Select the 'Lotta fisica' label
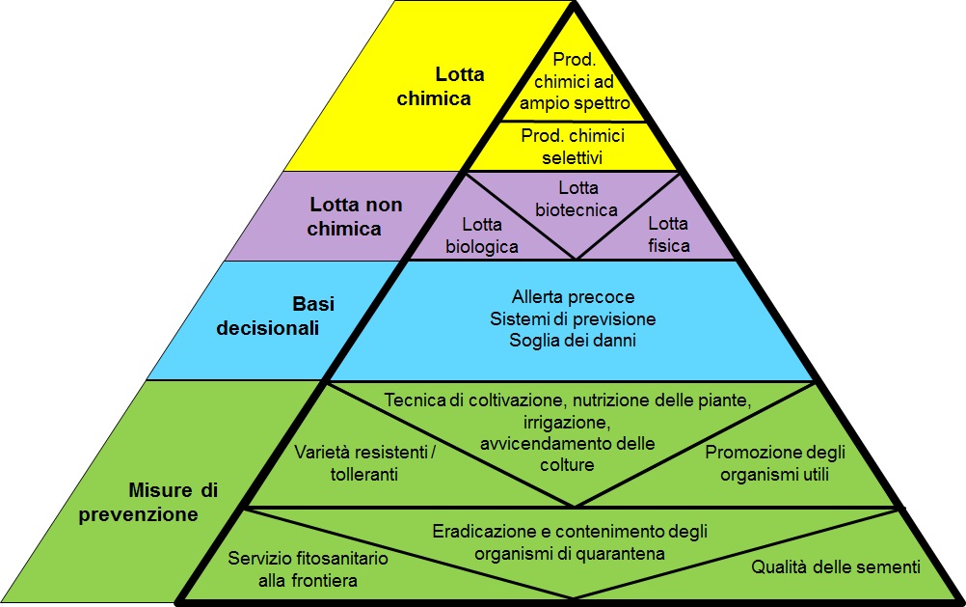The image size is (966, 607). [x=668, y=235]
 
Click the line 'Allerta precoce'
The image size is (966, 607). [x=573, y=297]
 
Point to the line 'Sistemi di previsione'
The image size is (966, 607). [x=573, y=318]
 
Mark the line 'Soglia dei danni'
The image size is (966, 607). [x=573, y=340]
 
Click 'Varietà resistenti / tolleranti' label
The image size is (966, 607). [x=363, y=463]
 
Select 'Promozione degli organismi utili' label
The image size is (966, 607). [x=767, y=463]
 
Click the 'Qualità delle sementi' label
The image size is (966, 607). [x=835, y=566]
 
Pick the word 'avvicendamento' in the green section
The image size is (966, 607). [x=540, y=443]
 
